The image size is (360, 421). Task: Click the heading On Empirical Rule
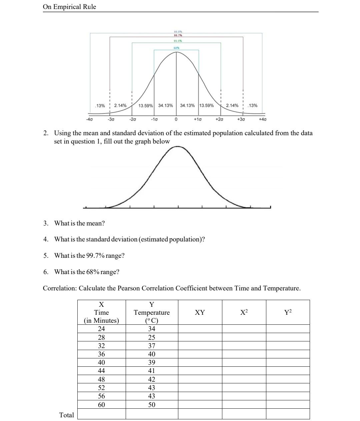tap(69, 7)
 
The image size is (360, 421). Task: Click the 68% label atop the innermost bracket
tap(176, 48)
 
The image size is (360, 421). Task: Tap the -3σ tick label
tap(111, 119)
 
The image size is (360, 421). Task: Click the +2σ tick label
tap(219, 119)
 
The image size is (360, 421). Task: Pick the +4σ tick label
tap(263, 119)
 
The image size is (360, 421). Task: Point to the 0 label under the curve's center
tap(176, 119)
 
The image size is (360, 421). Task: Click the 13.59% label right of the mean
tap(206, 106)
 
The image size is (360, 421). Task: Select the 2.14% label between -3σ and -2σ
tap(120, 106)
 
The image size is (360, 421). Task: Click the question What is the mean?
tap(79, 223)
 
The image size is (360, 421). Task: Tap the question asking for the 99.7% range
tap(89, 255)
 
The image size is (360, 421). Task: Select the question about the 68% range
tap(87, 272)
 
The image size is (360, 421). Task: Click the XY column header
tap(200, 312)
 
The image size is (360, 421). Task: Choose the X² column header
tap(244, 312)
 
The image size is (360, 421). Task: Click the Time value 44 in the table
tap(101, 371)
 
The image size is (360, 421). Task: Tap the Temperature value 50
tap(152, 405)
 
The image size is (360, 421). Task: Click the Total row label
tap(66, 415)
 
